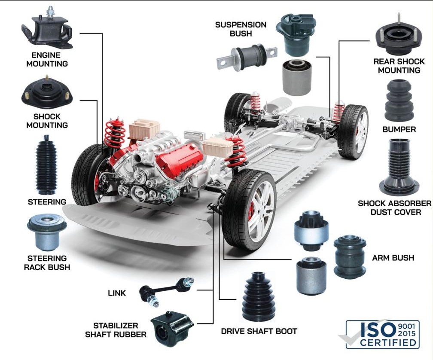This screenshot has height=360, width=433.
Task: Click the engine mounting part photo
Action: pyautogui.click(x=46, y=30)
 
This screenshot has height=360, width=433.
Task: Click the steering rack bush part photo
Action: pyautogui.click(x=47, y=232)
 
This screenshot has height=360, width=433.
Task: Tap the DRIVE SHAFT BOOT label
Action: pyautogui.click(x=259, y=331)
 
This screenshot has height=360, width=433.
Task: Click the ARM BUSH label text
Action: pyautogui.click(x=393, y=258)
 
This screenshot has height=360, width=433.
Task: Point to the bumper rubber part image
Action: pyautogui.click(x=399, y=101)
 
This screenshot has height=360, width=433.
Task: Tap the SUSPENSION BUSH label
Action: pyautogui.click(x=241, y=29)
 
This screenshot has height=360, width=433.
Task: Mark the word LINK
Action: pyautogui.click(x=117, y=293)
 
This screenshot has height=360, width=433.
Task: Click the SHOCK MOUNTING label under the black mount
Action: pyautogui.click(x=47, y=121)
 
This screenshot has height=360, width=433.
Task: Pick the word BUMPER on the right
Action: pyautogui.click(x=399, y=129)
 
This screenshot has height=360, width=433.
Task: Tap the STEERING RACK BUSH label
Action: pyautogui.click(x=47, y=262)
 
